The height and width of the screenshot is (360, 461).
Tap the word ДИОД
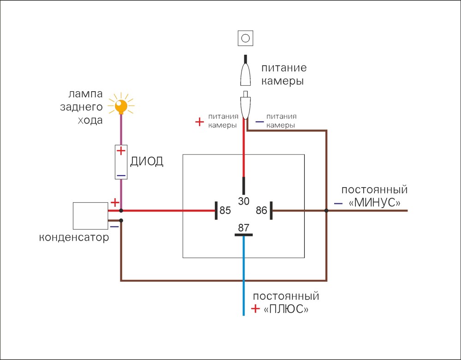pos(147,161)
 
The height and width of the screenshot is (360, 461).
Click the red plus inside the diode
pos(121,151)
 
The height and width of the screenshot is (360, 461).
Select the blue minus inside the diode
pos(121,176)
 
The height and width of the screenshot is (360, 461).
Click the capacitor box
pos(90,216)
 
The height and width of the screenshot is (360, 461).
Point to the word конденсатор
pos(74,237)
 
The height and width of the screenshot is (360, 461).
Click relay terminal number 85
pos(225,210)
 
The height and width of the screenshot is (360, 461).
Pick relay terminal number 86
pos(261,210)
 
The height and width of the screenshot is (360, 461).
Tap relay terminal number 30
pos(244,201)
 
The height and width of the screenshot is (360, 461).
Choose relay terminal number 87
pos(244,228)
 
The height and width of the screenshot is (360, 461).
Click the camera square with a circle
pos(246,38)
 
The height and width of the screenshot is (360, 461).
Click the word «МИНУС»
pos(374,203)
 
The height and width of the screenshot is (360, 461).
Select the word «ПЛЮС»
pos(286,309)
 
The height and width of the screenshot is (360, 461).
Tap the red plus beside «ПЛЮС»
pos(255,308)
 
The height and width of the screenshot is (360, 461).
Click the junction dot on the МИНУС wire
pos(326,210)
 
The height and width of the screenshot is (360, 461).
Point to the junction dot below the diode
pos(121,210)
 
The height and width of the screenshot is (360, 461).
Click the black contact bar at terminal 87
pos(243,235)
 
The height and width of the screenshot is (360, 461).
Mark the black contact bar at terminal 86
pos(271,210)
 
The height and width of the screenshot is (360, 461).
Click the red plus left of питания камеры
pos(200,122)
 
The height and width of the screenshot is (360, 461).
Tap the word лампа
pos(86,94)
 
